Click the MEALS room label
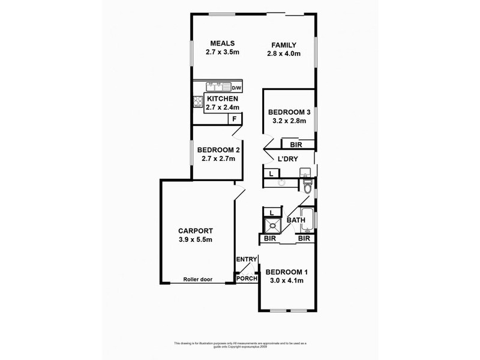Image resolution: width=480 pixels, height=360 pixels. pos(221,43)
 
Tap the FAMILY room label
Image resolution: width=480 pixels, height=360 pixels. pos(283,44)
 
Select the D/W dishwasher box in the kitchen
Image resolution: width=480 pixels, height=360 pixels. pos(236,88)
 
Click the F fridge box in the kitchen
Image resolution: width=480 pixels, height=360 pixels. pos(235,119)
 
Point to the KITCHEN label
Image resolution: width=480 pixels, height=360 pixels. pos(223,99)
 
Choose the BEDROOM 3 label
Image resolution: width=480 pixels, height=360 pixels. pos(287,112)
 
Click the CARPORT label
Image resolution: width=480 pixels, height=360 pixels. pos(196,231)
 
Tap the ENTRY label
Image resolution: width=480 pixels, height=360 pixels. pos(247,259)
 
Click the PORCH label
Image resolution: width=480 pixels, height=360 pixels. pos(247,278)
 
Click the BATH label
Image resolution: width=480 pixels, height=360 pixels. pos(296,220)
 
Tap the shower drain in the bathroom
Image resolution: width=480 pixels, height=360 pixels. pos(274,226)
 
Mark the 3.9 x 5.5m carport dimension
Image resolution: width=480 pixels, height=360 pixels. pos(196,240)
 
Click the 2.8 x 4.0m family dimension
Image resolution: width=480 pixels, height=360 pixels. pos(283,54)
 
